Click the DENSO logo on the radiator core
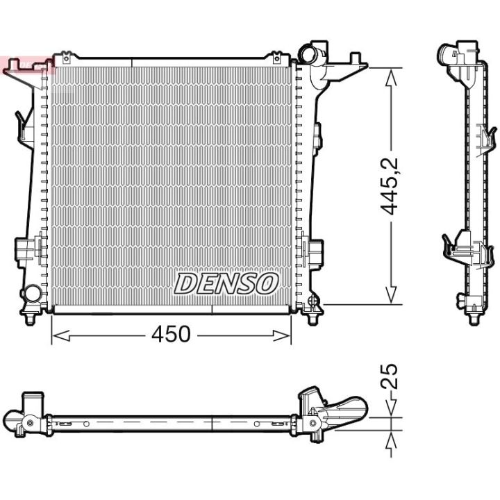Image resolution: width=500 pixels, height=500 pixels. [226, 283]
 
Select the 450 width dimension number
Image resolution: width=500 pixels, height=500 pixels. [171, 334]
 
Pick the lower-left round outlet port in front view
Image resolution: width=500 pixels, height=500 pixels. [31, 294]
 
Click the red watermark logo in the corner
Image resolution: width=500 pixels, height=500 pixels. [28, 67]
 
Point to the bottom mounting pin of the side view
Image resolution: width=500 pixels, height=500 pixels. [474, 318]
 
